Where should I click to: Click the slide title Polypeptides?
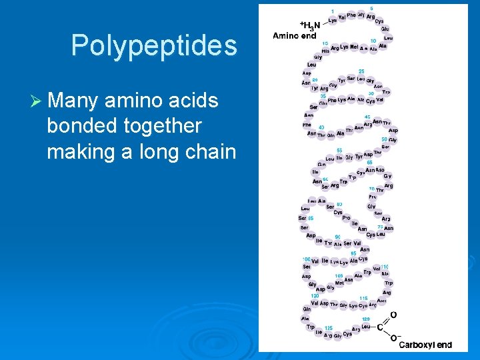tap(154, 46)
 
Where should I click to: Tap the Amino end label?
tap(294, 36)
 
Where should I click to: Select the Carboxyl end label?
tap(425, 345)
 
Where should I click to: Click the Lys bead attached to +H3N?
tap(333, 21)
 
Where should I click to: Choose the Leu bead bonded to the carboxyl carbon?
tap(366, 327)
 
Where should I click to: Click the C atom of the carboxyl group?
tap(381, 327)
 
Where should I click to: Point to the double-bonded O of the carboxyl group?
tap(393, 314)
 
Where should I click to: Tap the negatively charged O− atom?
tap(394, 339)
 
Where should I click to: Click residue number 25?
tap(361, 71)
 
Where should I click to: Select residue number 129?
tap(366, 319)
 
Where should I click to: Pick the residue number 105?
tap(339, 275)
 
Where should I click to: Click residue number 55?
tap(339, 151)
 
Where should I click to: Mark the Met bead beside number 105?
tap(340, 283)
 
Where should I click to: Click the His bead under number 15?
tap(325, 51)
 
